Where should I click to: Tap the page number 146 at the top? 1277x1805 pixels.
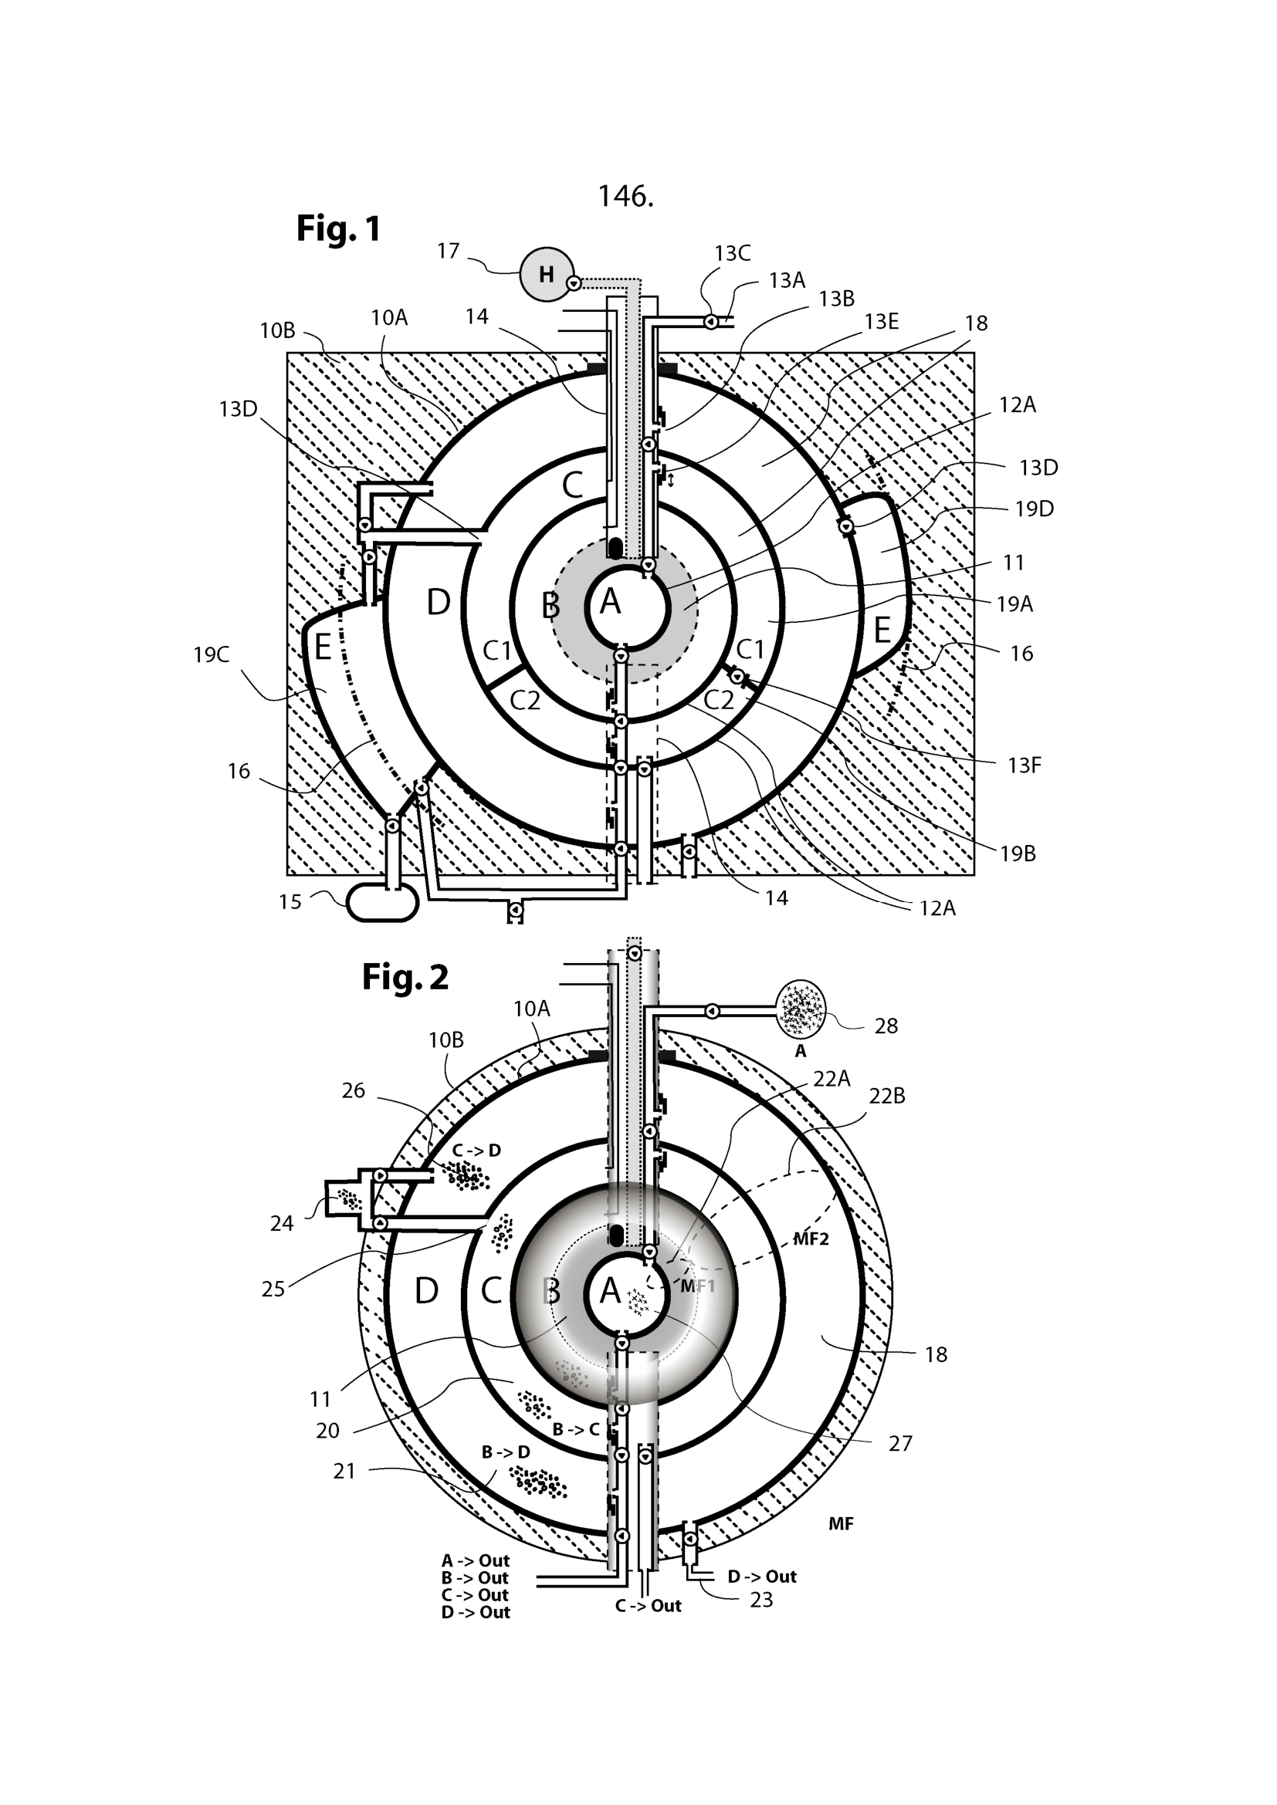(x=625, y=196)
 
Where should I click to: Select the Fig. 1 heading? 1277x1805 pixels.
(x=338, y=228)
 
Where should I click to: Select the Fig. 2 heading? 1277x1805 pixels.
(x=405, y=976)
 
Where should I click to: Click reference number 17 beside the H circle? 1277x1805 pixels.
(x=449, y=251)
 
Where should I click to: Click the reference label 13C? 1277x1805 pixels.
(x=732, y=253)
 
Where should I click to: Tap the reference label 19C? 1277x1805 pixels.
(x=212, y=655)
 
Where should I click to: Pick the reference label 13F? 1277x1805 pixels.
(x=1025, y=765)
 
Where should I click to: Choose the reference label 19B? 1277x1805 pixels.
(x=1018, y=853)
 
